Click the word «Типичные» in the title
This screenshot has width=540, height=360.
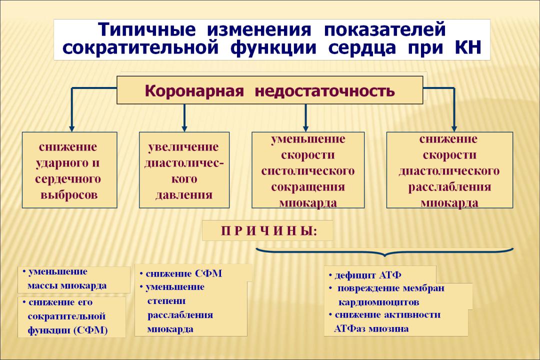(147, 29)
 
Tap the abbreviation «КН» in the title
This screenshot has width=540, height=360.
(468, 47)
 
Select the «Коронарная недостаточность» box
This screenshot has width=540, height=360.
(270, 90)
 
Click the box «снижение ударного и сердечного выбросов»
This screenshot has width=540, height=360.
(69, 170)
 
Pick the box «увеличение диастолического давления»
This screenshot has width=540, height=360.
(184, 170)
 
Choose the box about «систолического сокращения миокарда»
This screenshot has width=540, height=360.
(308, 170)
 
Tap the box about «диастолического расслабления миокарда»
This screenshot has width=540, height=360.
(450, 170)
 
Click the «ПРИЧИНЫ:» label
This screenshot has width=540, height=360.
(269, 231)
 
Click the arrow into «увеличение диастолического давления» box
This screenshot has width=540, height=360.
(184, 118)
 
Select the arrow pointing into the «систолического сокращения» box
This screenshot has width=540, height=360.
(305, 118)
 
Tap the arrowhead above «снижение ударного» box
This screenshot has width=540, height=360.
(71, 128)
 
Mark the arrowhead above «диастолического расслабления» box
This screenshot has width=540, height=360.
(454, 128)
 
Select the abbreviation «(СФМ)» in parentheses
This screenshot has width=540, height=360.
(90, 330)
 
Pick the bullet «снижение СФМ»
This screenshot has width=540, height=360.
(181, 274)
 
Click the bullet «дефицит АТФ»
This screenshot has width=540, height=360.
(364, 275)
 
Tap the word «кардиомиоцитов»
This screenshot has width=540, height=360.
(379, 302)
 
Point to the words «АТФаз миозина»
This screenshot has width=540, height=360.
(371, 328)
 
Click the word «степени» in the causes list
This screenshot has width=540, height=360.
(166, 301)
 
